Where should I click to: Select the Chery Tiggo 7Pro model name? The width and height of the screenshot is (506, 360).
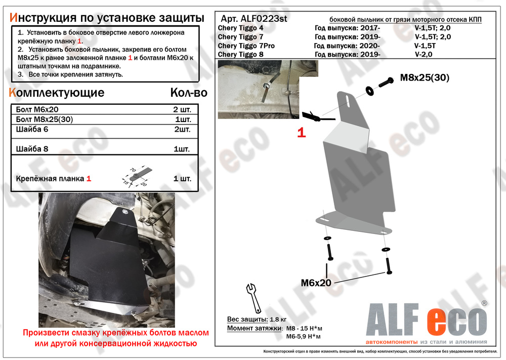pos(247,46)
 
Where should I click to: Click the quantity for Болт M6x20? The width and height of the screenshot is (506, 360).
pos(182,109)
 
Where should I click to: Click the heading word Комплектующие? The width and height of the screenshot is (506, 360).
pos(57,93)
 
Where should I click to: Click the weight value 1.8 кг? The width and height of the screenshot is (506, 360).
pos(277,319)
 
